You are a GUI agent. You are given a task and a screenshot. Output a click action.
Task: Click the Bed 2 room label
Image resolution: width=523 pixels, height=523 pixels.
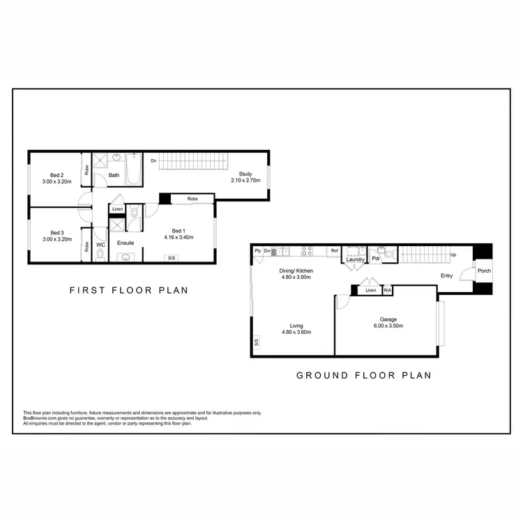click(57, 175)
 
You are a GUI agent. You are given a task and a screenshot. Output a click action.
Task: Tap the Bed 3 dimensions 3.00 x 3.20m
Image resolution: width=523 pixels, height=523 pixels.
click(57, 240)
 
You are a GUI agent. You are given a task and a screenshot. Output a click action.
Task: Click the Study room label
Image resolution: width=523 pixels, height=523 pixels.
click(245, 174)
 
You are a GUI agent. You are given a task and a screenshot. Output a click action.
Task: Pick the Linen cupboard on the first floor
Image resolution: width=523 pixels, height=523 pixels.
click(118, 209)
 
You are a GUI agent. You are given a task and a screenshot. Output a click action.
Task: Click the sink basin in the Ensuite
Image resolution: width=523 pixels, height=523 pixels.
click(126, 257)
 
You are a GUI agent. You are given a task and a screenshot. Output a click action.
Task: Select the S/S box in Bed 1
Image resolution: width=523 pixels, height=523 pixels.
click(170, 258)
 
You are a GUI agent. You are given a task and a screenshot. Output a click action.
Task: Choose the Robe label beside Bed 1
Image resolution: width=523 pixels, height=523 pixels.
click(192, 199)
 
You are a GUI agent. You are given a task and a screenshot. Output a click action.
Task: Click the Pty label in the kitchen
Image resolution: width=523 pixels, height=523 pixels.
click(258, 251)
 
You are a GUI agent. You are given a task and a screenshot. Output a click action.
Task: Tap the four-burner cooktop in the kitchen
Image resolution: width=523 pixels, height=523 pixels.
click(306, 251)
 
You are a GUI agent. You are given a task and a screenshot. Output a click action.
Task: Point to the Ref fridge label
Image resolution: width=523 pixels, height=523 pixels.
click(335, 251)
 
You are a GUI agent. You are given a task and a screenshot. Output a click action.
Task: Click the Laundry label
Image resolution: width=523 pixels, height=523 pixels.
click(356, 260)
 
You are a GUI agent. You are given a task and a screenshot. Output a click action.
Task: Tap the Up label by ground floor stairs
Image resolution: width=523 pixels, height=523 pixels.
click(453, 255)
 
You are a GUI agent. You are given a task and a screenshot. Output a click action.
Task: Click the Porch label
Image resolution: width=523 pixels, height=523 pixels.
click(483, 271)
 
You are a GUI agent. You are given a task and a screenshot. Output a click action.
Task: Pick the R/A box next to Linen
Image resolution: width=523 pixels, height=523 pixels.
click(387, 289)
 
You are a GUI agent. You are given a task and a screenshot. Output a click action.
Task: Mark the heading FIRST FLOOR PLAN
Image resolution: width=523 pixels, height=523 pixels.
click(128, 290)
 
